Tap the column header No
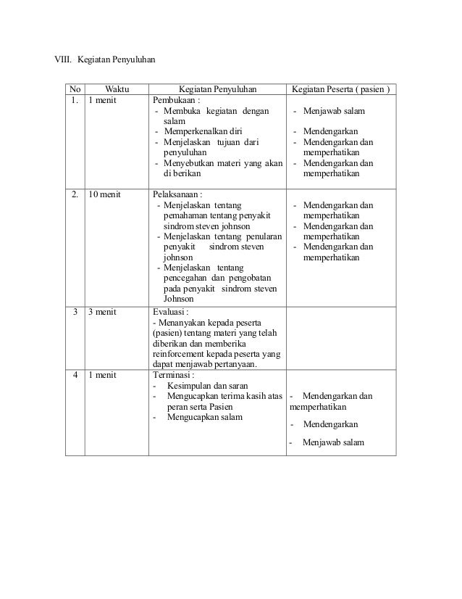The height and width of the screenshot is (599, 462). click(x=75, y=90)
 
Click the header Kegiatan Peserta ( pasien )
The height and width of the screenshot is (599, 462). click(x=340, y=90)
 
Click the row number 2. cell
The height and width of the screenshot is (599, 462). click(x=75, y=194)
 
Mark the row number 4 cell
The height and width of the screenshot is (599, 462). click(x=75, y=376)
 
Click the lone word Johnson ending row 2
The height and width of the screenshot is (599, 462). click(x=179, y=298)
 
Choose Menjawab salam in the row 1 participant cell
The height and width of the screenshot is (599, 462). click(x=334, y=112)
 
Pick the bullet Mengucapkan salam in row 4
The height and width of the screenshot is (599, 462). click(x=205, y=417)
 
